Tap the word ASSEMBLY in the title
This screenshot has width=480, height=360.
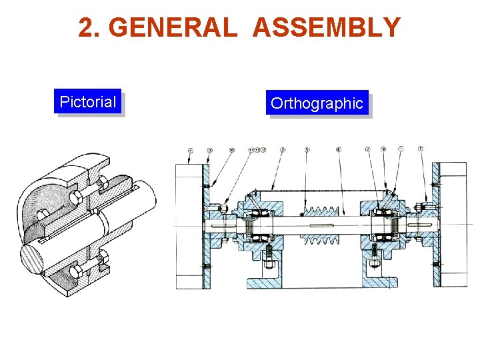tap(327, 28)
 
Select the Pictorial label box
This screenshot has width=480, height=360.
tap(88, 102)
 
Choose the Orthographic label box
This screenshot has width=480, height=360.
tap(317, 103)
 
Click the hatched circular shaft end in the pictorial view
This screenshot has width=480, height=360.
tap(35, 258)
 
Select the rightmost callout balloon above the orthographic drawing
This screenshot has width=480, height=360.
tap(421, 149)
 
